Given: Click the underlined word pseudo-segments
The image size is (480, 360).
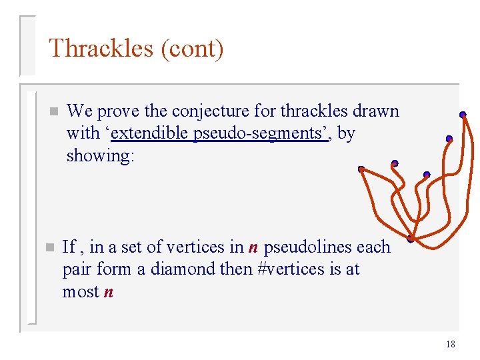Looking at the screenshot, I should [x=260, y=133].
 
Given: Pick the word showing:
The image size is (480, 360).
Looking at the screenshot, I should [x=101, y=156].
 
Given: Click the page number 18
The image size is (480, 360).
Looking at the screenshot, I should [x=450, y=344].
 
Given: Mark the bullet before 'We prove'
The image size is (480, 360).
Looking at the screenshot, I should [x=53, y=111].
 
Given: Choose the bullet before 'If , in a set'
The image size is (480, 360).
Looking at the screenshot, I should [x=48, y=247].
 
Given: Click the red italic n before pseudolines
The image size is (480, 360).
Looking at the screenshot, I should [x=253, y=247].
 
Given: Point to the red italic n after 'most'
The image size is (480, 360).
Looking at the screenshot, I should [x=109, y=292].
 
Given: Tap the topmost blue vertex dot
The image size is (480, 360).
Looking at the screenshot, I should [x=462, y=115].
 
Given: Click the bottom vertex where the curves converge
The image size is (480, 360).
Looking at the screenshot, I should [x=411, y=239].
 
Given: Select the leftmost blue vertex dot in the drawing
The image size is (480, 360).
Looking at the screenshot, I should [x=361, y=169].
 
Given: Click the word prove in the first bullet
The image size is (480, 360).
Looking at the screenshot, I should [x=115, y=111].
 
